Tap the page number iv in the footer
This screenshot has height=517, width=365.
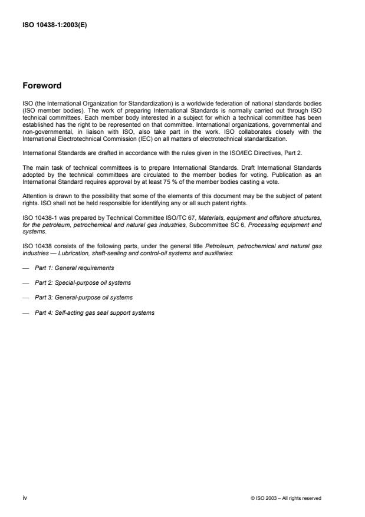click(24, 498)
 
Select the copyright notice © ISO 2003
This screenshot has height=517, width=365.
click(286, 498)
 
